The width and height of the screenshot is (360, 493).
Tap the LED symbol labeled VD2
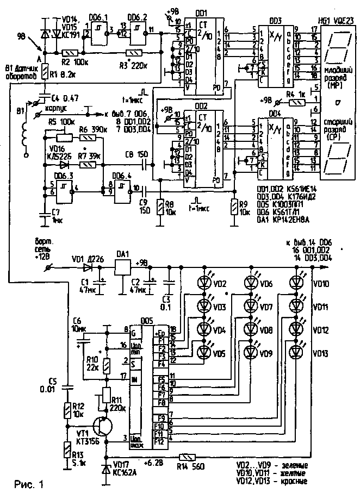(205, 283)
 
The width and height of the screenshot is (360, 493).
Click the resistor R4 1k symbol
(297, 101)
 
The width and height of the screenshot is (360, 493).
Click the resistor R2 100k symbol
(70, 53)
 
